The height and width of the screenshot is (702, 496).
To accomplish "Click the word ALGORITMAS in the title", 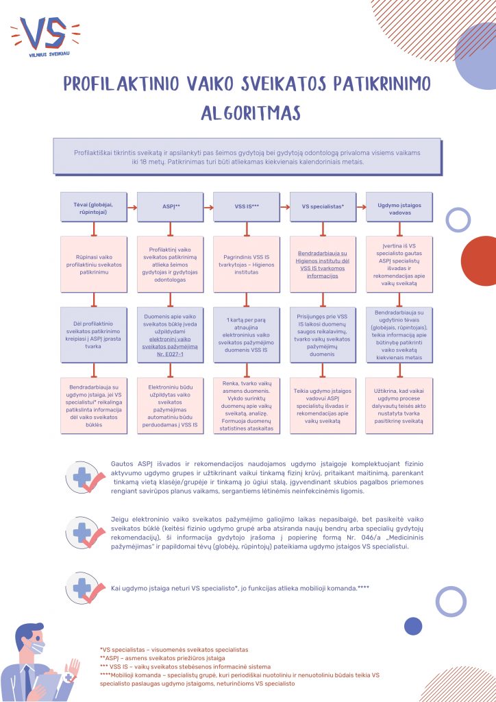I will [x=247, y=112].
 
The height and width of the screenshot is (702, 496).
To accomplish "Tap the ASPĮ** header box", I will [x=171, y=206].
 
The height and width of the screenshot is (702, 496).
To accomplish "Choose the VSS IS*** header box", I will [x=247, y=206].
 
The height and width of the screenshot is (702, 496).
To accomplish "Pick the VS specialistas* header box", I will [x=323, y=206].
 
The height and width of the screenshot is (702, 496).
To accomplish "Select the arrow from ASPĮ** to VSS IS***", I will [x=208, y=206].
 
